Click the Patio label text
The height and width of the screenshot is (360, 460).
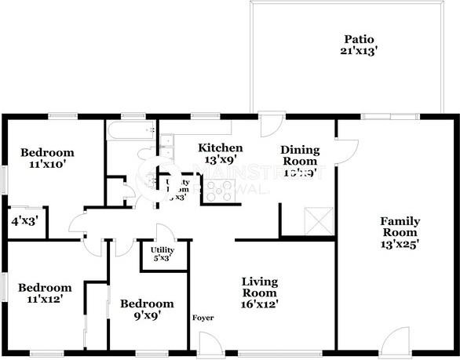(x=359, y=39)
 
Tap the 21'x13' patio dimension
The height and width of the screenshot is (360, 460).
(x=359, y=52)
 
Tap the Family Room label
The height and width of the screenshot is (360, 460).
(x=400, y=227)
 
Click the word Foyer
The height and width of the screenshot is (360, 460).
(x=203, y=318)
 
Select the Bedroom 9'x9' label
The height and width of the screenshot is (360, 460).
(x=147, y=304)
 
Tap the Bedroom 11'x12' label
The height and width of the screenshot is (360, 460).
(x=46, y=288)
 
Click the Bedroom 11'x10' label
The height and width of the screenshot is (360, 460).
(x=47, y=153)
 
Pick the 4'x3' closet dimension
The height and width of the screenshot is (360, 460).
(x=24, y=221)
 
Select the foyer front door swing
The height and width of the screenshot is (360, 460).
(x=210, y=343)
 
